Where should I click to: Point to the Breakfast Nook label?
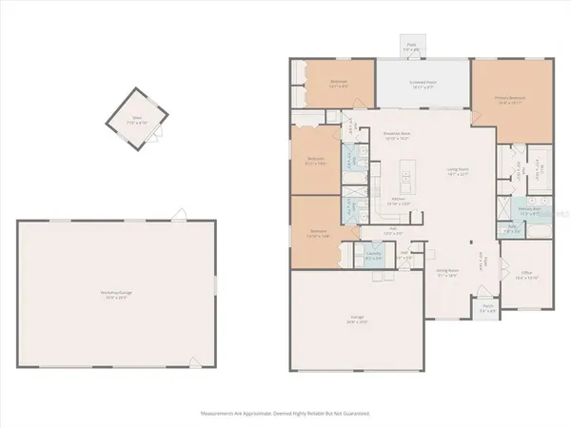pos(395,137)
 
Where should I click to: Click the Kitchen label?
pos(397,201)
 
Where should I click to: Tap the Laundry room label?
pos(373,255)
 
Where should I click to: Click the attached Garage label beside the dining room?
pos(357,322)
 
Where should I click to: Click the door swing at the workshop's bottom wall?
pos(194,361)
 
